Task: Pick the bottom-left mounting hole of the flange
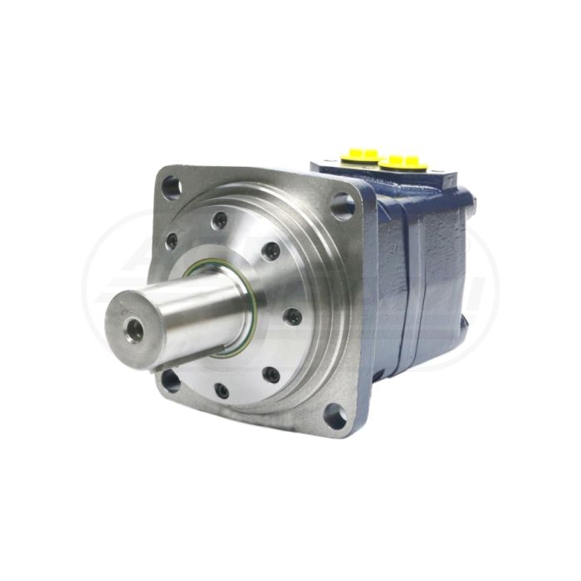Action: (x=170, y=381)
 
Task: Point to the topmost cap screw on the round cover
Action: (x=220, y=221)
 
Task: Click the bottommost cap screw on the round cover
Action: (x=222, y=390)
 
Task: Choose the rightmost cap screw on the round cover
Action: (x=293, y=315)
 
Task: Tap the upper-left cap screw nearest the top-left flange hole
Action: (x=173, y=242)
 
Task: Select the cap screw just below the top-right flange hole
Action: (x=270, y=251)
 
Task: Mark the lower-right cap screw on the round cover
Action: (x=271, y=374)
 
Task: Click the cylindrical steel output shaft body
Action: (x=199, y=311)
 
